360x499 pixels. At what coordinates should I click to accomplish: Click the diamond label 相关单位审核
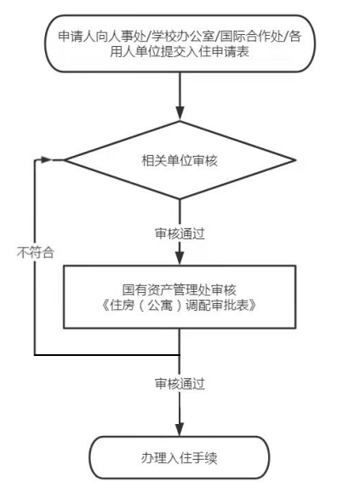[x=180, y=161]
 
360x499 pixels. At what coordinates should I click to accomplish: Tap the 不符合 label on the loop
[x=35, y=253]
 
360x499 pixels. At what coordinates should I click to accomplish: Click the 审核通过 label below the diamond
[x=180, y=234]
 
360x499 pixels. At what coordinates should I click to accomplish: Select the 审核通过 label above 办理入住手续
[x=180, y=384]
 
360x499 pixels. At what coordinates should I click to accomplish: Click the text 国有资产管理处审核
[x=180, y=290]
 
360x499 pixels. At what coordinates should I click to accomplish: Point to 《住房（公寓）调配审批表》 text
[x=180, y=306]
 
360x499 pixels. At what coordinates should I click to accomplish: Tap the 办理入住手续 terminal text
[x=180, y=458]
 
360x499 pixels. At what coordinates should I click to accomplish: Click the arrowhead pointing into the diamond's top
[x=180, y=113]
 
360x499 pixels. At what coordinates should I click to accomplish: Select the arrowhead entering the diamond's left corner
[x=47, y=160]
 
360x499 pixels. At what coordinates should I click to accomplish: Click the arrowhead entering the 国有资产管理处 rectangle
[x=180, y=258]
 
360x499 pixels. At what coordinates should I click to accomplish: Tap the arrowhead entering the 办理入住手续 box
[x=180, y=429]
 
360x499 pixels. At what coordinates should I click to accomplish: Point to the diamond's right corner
[x=295, y=160]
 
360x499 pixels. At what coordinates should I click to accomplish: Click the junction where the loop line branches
[x=180, y=354]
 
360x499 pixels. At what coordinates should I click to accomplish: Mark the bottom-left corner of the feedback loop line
[x=35, y=354]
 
